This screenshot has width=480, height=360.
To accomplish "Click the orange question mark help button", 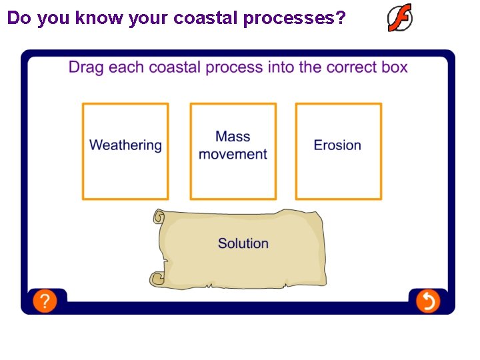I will pos(44,301).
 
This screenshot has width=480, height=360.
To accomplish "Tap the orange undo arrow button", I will pos(428,301).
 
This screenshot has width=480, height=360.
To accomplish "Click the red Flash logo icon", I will pos(400,18).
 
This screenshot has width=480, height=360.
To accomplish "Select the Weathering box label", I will pos(125,145).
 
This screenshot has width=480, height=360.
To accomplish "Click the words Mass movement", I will pos(233,145).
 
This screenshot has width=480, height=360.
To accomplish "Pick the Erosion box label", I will pos(337,145).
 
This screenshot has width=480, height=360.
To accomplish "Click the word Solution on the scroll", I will pos(243,243).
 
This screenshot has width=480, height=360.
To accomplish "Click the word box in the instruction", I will pos(393,67).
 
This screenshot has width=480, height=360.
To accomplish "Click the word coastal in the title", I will pos(206,18).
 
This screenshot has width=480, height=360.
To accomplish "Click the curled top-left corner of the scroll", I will pos(159,217).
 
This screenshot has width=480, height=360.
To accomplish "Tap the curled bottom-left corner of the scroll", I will pos(157,279).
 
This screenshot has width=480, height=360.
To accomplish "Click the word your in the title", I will pos(149,19).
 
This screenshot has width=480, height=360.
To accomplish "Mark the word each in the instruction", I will pos(125,67).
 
